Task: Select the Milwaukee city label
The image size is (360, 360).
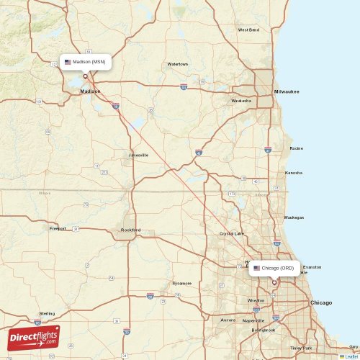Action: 287,91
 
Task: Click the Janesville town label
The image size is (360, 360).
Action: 138,155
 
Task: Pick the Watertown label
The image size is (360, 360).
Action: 178,64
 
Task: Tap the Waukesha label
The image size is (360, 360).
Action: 241,101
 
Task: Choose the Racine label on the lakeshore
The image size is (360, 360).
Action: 296,148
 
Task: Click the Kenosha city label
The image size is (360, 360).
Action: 294,173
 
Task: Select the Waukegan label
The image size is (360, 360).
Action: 294,217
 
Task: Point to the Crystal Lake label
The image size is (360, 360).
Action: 232,233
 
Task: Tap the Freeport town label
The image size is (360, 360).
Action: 58,229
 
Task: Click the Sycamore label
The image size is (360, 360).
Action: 182,283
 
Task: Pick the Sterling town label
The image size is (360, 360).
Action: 47,314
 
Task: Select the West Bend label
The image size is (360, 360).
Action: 248,30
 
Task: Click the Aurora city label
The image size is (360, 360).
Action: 228,320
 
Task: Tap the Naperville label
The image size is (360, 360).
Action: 253,320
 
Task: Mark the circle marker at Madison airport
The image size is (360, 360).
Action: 85,76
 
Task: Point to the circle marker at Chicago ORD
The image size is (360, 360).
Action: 274,282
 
